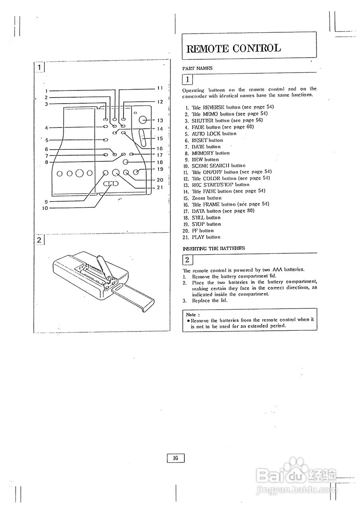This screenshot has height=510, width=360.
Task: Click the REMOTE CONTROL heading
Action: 234,49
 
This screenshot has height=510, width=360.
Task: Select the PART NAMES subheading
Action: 197,68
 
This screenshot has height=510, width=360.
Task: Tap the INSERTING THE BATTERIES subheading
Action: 214,248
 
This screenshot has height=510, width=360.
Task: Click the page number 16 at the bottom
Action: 176,458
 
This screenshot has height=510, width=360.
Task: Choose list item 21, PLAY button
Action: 206,237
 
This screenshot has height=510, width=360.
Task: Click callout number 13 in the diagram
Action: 160,120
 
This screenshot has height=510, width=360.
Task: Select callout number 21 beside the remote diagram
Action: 160,187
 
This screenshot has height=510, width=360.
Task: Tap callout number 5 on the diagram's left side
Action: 47,140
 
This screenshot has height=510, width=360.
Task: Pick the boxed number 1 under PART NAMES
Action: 188,79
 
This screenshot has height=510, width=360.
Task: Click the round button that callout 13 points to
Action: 143,120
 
